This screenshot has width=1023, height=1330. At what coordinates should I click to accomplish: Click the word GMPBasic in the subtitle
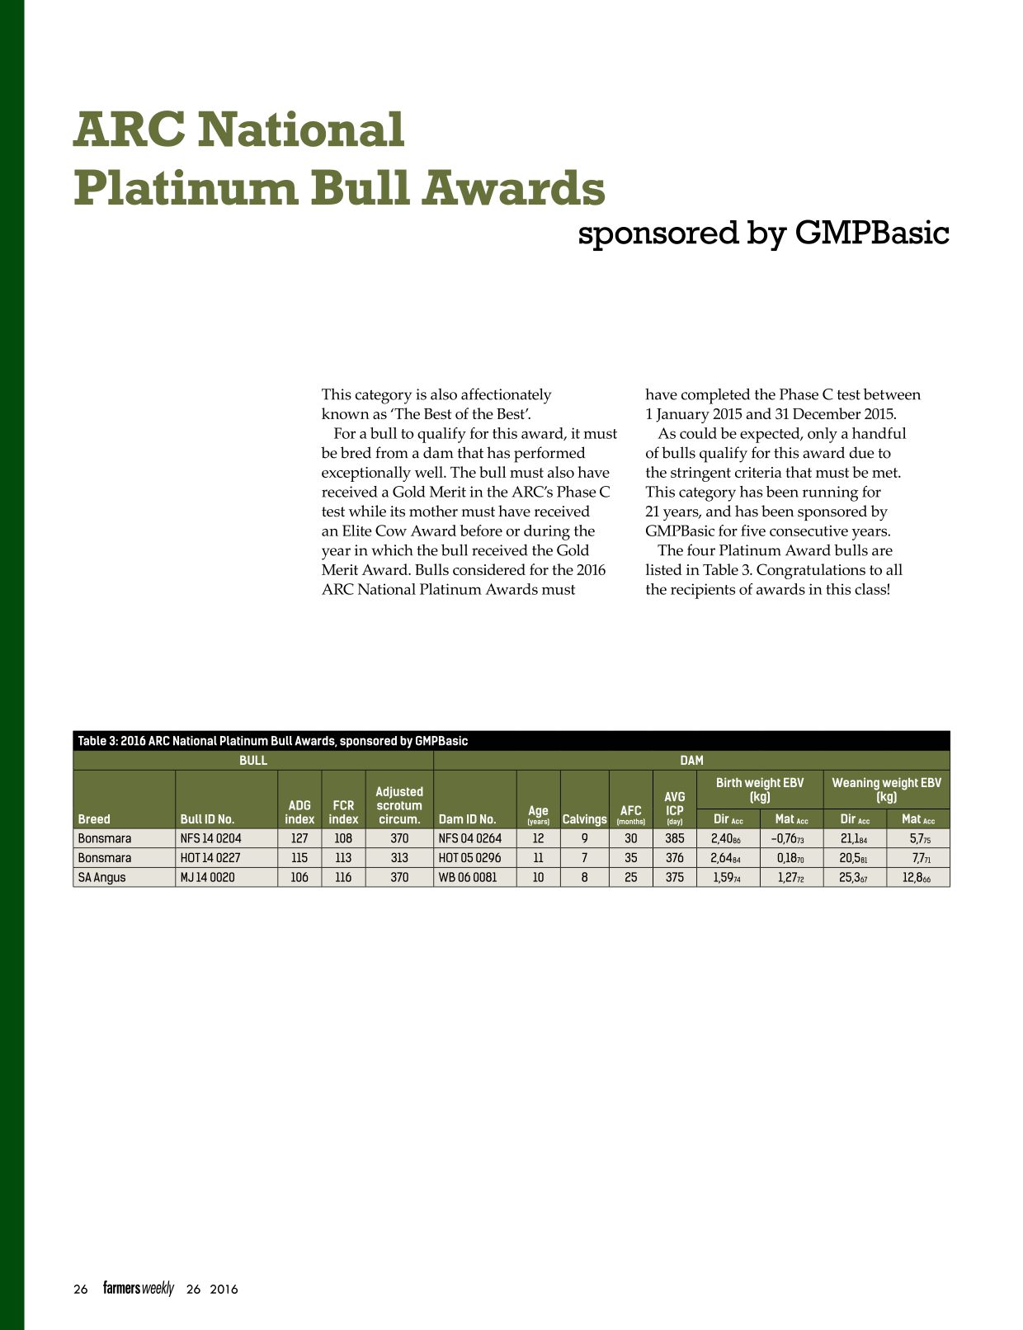872,233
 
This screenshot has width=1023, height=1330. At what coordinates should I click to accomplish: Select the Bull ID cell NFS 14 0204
210,838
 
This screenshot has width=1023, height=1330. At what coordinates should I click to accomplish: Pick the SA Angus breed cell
101,877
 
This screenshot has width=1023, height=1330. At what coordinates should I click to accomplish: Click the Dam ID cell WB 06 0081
468,877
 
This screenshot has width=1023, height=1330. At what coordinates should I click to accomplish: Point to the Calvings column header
584,819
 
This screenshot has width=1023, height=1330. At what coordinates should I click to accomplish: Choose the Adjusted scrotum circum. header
399,805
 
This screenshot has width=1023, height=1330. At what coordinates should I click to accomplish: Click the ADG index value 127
299,838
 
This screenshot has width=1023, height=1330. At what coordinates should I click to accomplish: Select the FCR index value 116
343,877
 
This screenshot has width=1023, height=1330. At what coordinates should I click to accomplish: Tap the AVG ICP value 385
674,838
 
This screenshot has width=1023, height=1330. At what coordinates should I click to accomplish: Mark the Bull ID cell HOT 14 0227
210,857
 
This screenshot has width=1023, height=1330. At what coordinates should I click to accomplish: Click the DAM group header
691,760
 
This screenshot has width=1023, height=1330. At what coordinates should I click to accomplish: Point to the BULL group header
252,760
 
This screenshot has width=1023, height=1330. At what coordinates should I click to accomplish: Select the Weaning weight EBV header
887,790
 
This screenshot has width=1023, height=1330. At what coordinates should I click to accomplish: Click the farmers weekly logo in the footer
139,1289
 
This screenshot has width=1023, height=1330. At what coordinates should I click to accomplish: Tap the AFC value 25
630,877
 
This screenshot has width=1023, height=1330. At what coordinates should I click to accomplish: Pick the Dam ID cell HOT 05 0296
470,857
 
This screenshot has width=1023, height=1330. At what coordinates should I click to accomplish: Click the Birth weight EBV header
760,790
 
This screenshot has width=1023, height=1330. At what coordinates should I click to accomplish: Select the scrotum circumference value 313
399,857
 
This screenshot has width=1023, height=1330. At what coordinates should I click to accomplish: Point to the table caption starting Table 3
273,741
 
